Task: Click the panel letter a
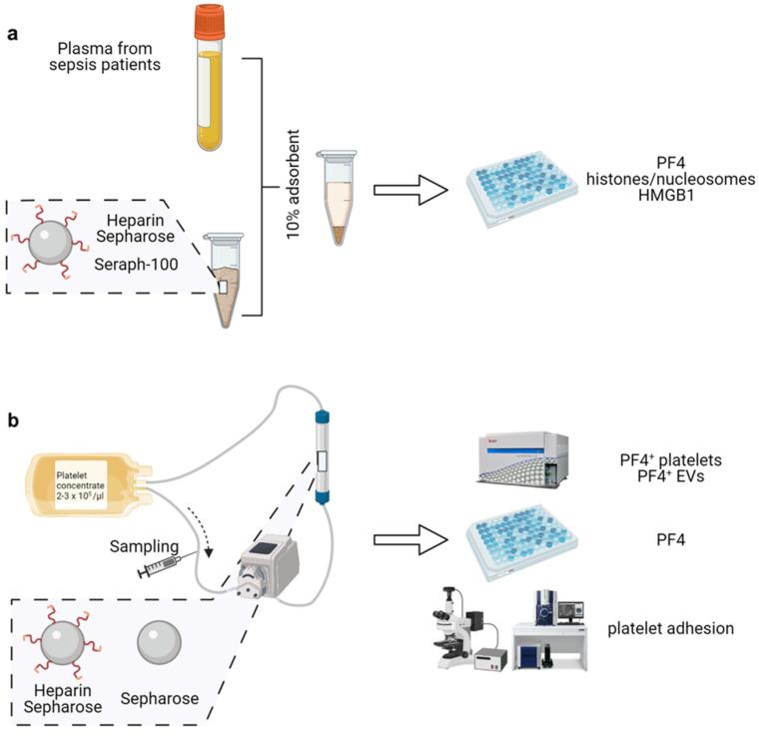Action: point(13,34)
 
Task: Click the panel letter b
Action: point(14,420)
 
